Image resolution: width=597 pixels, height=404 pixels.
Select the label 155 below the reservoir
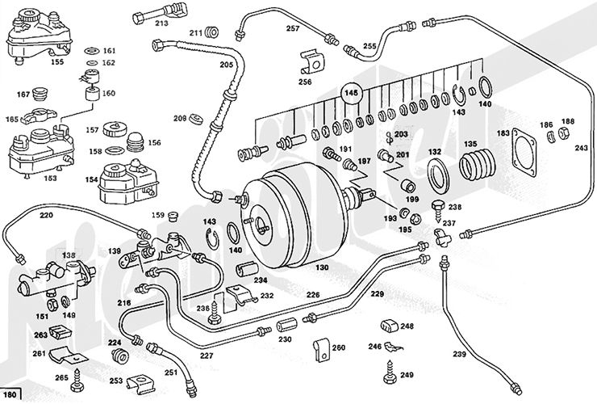[35, 61]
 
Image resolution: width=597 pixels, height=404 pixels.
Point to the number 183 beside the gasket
[503, 133]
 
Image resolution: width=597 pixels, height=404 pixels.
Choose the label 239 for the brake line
[459, 353]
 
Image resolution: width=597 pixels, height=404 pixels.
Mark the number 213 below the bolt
[162, 24]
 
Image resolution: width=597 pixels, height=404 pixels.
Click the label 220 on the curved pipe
[46, 216]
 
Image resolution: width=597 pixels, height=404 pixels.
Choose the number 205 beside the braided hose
[227, 65]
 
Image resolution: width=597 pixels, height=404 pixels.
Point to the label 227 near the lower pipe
[207, 355]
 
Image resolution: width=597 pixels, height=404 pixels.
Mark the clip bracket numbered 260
[322, 349]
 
